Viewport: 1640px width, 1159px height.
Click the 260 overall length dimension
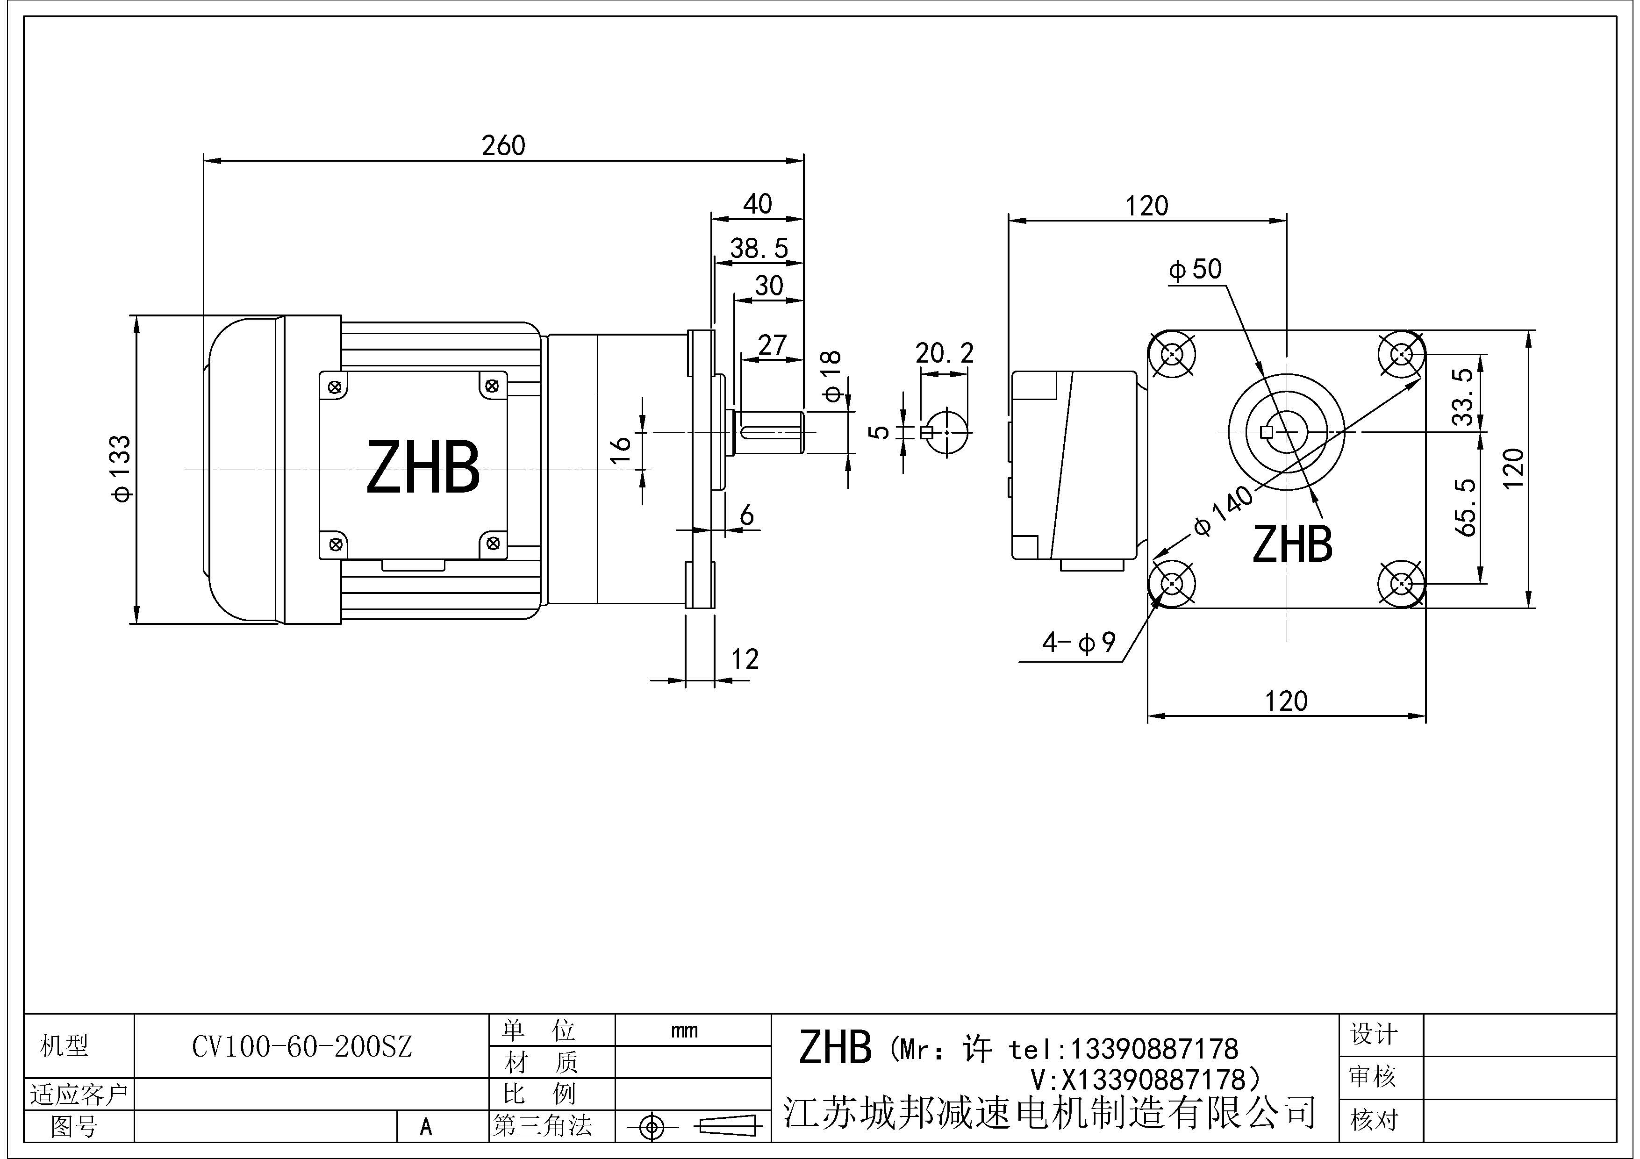click(503, 146)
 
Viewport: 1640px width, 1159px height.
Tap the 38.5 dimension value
click(759, 249)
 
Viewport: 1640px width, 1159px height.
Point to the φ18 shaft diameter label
click(831, 377)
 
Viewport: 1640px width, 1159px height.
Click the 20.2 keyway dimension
click(944, 353)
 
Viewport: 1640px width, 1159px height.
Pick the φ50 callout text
click(1195, 269)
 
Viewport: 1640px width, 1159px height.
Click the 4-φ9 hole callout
click(1079, 643)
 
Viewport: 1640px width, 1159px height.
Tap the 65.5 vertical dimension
click(1465, 508)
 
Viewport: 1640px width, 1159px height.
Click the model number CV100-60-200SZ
click(302, 1047)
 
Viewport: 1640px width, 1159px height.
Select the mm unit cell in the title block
click(684, 1030)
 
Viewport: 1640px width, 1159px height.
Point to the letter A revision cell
click(426, 1127)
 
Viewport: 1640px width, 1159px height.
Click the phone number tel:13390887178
click(1123, 1049)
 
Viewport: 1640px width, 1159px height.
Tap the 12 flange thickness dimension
click(744, 658)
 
